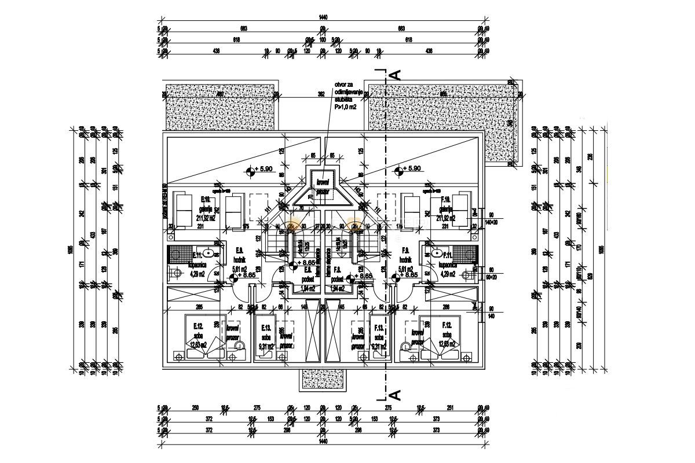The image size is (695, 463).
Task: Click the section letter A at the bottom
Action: (397, 395)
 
